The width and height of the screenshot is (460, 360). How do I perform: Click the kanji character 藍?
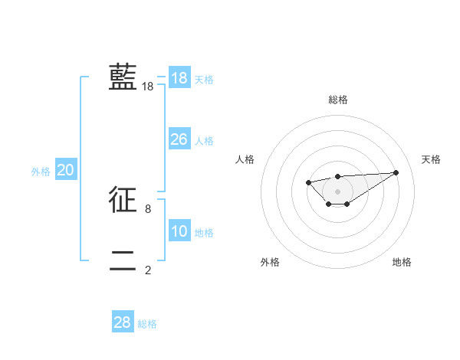pos(123,77)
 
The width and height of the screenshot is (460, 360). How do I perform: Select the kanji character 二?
pos(123,260)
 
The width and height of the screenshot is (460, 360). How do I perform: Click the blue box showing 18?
pos(179,78)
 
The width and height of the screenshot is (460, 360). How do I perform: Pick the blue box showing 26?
pos(179,139)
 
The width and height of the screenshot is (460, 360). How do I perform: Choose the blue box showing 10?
pos(179,231)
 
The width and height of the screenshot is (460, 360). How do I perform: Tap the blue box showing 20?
pos(65,170)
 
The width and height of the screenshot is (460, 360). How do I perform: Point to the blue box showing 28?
pos(123,322)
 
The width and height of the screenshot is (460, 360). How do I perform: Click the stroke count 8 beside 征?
pos(148,208)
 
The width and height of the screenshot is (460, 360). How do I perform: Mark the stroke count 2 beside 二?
pos(148,270)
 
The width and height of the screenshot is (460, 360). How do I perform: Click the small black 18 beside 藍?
pos(148,87)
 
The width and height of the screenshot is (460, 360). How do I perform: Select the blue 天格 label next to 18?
pos(204,80)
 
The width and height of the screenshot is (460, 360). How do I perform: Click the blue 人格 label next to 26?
pos(204,141)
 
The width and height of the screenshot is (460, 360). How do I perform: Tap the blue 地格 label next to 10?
pos(204,233)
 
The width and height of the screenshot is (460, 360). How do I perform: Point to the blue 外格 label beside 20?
pos(41,172)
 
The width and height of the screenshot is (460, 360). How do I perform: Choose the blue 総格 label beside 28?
pos(147,324)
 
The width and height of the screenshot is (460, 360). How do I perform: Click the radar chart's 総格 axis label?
pos(337,100)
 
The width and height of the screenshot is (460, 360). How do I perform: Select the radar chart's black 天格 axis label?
pos(432,159)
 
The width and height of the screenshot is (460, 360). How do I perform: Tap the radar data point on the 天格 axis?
pos(396,172)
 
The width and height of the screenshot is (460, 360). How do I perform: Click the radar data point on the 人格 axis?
pos(308,182)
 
